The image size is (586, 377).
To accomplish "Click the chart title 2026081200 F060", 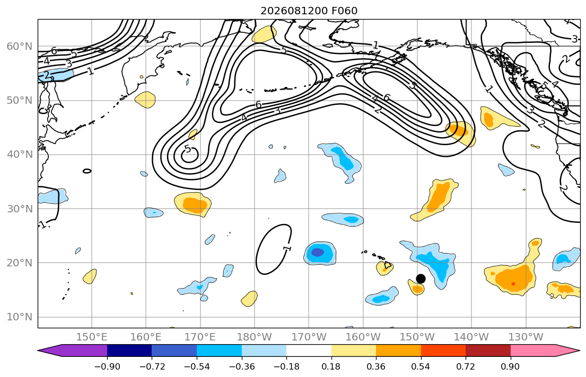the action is (x=309, y=11).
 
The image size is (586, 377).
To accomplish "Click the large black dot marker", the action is (x=421, y=279).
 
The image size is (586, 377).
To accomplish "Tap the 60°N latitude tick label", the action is (x=20, y=46).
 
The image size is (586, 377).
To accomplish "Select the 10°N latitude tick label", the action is (x=20, y=317).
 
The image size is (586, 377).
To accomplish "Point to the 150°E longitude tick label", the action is (x=92, y=337).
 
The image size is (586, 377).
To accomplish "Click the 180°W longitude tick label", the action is (x=255, y=337).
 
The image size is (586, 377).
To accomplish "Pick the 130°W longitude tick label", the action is (x=526, y=337).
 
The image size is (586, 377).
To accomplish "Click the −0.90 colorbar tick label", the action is (x=107, y=366).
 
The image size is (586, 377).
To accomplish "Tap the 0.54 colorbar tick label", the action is (x=421, y=366).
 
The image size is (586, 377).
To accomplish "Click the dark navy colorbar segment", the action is (x=129, y=351).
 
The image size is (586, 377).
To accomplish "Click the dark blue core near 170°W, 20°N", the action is (x=317, y=253).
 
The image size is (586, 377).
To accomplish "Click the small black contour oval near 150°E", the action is (x=86, y=171).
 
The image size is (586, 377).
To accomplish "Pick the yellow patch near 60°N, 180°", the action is (x=264, y=34).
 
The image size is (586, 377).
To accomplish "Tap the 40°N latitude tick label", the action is (x=20, y=155).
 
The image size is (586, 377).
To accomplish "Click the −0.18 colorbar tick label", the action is (x=286, y=366).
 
